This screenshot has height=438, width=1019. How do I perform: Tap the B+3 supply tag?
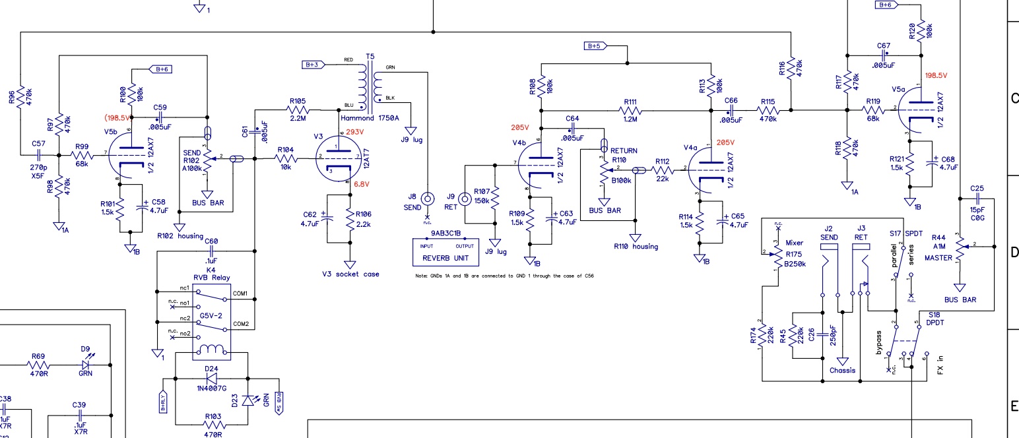314,65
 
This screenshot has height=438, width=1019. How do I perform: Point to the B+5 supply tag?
595,46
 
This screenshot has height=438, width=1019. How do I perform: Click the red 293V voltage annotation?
355,132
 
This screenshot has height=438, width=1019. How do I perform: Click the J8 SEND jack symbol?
428,198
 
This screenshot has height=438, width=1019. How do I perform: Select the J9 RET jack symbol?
466,198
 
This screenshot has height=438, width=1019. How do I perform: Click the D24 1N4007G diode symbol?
211,379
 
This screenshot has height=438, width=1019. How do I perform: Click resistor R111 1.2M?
630,110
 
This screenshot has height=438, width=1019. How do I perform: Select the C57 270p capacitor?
38,155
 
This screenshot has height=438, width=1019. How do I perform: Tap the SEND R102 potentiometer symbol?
207,159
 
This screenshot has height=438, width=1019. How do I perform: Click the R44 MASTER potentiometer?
960,247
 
